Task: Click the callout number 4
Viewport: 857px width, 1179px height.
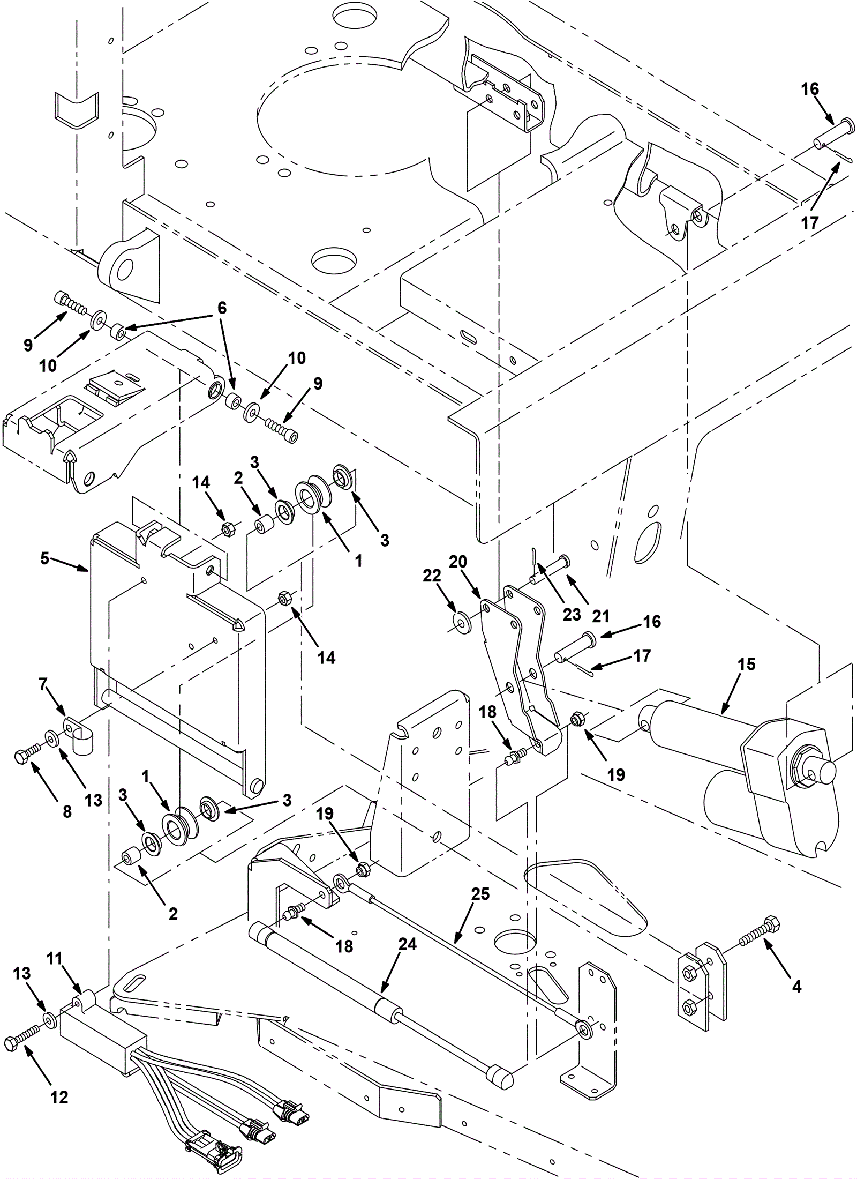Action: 796,986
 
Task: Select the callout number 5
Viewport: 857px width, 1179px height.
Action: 45,558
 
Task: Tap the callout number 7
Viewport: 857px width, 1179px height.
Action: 43,684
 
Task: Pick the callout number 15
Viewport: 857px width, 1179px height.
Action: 746,665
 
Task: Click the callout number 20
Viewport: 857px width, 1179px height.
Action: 458,562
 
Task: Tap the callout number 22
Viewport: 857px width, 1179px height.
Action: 432,576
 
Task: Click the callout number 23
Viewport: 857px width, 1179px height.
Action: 572,614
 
